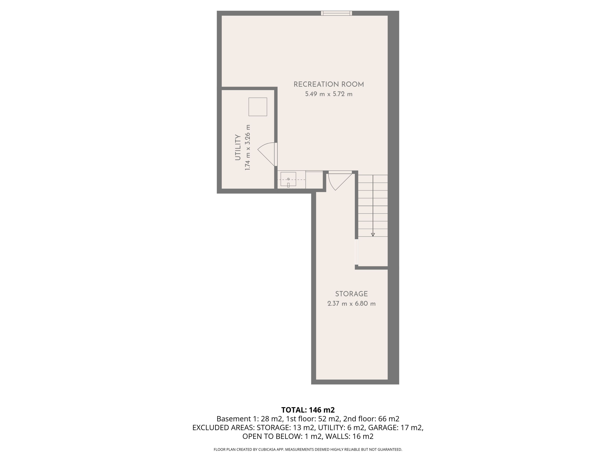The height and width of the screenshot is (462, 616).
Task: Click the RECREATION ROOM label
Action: coord(329,84)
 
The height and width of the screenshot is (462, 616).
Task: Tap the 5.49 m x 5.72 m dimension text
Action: coord(329,94)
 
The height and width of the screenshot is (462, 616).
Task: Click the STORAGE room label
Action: coord(351,294)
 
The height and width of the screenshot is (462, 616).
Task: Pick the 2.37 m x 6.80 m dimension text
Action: coord(351,304)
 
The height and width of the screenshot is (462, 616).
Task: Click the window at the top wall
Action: coord(336,13)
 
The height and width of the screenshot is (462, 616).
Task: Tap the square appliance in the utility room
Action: coord(258,107)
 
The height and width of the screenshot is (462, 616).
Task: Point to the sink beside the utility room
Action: coord(288,179)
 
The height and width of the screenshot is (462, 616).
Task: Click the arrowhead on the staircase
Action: coord(373,235)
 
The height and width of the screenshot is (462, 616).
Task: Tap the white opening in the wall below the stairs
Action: coord(356,252)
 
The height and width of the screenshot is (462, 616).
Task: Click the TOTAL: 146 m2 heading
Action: coord(308,410)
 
